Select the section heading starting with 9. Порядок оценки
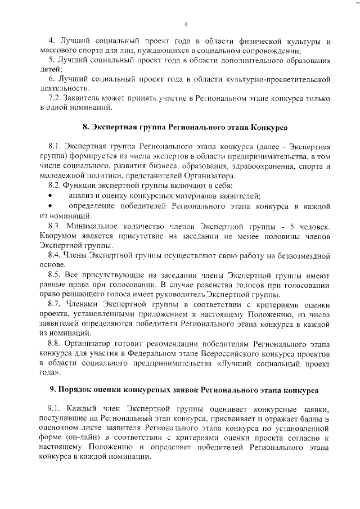click(x=184, y=389)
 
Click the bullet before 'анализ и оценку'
click(x=51, y=195)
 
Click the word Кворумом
click(x=59, y=236)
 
